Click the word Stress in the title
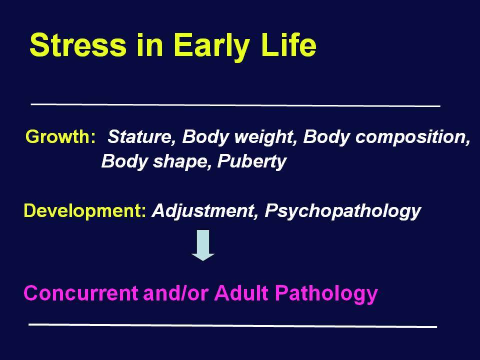[x=78, y=45]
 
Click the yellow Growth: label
[x=60, y=136]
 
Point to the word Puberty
[x=251, y=162]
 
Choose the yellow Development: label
[x=85, y=211]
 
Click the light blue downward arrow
[x=202, y=245]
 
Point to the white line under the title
[x=235, y=105]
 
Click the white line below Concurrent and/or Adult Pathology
[x=232, y=325]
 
